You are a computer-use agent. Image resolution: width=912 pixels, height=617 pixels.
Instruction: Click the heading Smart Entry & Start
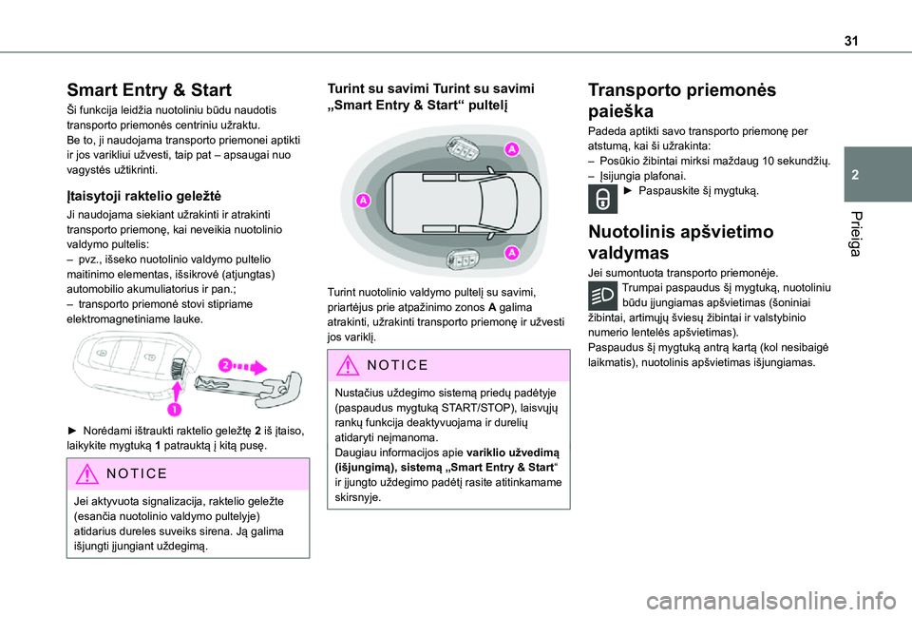pyautogui.click(x=149, y=90)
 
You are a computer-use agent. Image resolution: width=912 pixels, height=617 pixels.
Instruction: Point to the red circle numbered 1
pyautogui.click(x=176, y=409)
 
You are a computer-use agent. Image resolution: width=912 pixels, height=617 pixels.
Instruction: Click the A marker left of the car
pyautogui.click(x=364, y=202)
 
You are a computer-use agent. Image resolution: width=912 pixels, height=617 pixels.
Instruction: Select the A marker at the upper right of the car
pyautogui.click(x=510, y=149)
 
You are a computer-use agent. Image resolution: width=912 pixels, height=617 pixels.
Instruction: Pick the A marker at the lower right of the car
pyautogui.click(x=511, y=252)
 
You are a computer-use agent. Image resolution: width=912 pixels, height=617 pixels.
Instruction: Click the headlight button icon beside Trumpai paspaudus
pyautogui.click(x=602, y=295)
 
